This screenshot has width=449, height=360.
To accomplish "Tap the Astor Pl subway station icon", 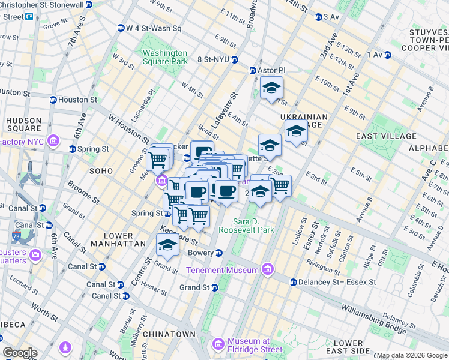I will click(253, 71).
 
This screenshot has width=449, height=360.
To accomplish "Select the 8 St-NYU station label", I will click(214, 59).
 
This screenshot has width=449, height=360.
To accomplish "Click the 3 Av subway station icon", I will click(319, 17).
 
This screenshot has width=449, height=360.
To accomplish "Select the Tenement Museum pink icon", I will click(267, 270).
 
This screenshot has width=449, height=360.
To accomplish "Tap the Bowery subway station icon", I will click(220, 253).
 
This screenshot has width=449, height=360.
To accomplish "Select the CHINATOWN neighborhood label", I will click(169, 334).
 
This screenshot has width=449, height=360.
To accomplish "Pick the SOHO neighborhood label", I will click(101, 171).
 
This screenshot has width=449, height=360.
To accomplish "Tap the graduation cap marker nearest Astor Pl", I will click(271, 88).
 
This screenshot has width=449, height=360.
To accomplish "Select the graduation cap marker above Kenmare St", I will click(167, 245).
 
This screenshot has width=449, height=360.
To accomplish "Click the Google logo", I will click(20, 353).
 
